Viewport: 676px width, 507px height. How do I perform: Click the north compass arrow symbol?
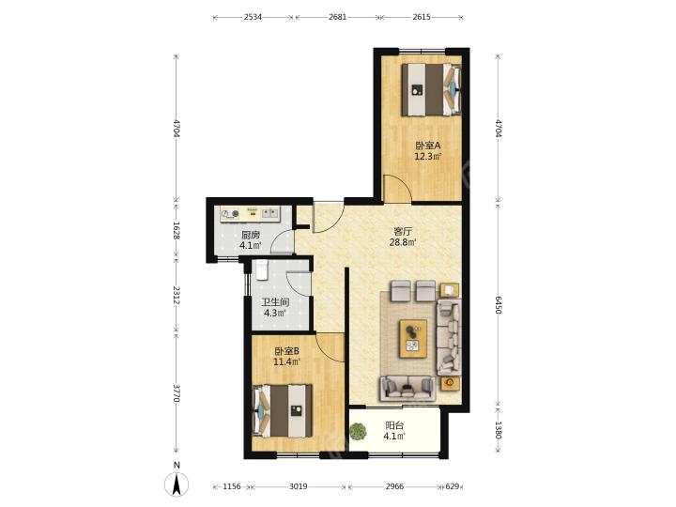177,484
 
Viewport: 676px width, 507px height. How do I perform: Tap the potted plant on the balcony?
358,431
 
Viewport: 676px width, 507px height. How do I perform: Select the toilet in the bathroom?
262,269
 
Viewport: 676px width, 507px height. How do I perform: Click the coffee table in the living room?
413,338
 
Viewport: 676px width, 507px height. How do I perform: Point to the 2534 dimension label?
253,17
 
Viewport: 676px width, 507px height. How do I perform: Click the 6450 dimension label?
498,305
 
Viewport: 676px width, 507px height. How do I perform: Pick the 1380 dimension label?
498,430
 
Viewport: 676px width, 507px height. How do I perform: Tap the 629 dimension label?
453,486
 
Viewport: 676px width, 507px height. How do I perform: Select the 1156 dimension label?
232,486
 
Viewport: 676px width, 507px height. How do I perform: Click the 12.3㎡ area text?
428,156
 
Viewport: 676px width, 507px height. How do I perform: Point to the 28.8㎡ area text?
403,242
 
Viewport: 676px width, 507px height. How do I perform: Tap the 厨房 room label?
251,236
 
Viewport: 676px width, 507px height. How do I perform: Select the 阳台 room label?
394,425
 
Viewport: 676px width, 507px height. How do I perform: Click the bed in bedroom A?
432,90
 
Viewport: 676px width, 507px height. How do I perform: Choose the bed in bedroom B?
283,410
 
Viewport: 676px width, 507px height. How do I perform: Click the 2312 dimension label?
176,295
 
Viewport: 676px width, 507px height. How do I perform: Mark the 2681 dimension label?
338,17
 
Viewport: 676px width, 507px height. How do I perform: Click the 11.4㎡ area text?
286,361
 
